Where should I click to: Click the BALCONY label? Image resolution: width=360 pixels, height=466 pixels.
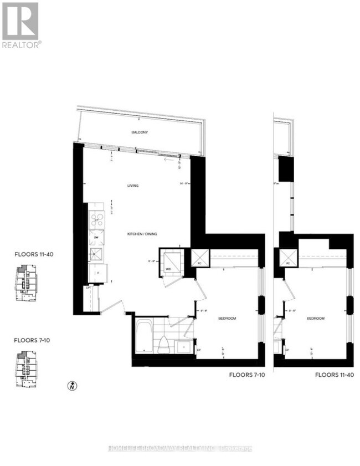tap(139, 132)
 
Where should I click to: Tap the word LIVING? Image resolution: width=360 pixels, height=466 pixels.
tap(132, 186)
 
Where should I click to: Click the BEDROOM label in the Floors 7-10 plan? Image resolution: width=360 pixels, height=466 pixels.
tap(227, 319)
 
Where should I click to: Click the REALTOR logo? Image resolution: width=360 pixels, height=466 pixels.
tap(20, 25)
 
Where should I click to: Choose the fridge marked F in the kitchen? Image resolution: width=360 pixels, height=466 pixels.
tap(98, 273)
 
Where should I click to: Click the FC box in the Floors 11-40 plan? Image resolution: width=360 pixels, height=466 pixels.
tap(287, 258)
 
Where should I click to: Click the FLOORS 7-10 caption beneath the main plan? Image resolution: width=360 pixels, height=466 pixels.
tap(247, 375)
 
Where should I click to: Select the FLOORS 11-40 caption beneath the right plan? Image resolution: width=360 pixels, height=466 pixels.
tap(334, 375)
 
